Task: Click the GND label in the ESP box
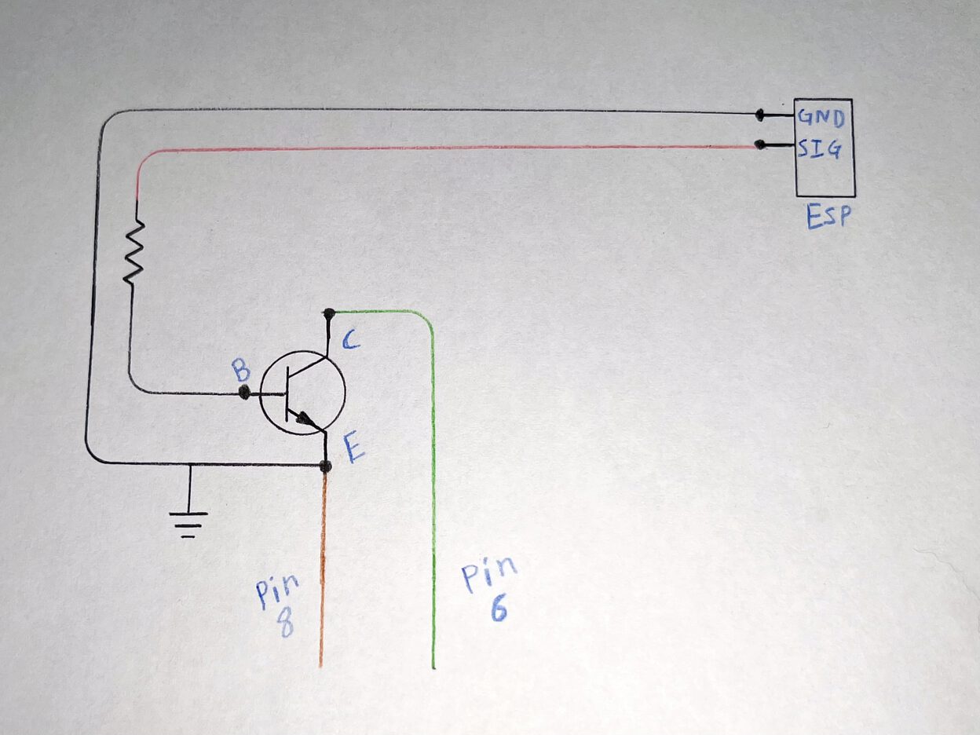coord(821,119)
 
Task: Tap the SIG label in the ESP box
coord(819,149)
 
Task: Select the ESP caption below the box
coord(828,218)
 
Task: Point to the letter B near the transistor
coord(241,370)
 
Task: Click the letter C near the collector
coord(350,342)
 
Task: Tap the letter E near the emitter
coord(355,448)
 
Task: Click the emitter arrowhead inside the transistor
coord(307,419)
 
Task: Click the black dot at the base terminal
coord(244,393)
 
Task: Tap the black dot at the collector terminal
coord(329,313)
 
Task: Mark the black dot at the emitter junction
coord(326,466)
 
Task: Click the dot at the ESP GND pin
coord(759,115)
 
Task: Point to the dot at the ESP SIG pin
coord(759,144)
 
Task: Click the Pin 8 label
coord(278,604)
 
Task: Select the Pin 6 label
coord(489,588)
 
